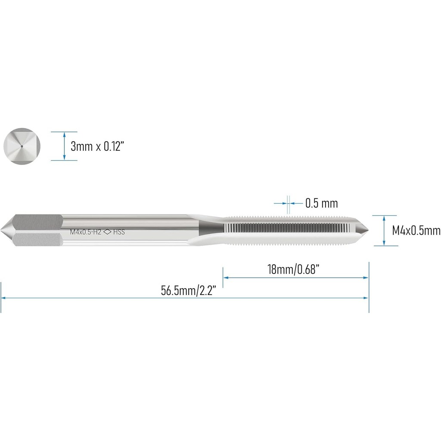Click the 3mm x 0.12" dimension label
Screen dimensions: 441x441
97,146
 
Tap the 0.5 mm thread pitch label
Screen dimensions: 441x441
321,203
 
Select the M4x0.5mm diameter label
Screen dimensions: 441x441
416,231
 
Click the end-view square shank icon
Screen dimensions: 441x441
22,146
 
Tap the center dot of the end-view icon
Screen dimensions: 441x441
22,146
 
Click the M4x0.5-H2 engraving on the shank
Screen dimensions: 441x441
85,232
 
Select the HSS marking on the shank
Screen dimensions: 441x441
118,232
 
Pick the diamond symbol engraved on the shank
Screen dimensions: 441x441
107,232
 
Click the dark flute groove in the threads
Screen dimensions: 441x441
289,228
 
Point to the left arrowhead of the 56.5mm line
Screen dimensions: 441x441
3,298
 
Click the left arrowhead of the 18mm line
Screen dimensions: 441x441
225,278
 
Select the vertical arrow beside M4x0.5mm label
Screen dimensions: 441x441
384,230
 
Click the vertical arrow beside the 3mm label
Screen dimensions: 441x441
64,146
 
